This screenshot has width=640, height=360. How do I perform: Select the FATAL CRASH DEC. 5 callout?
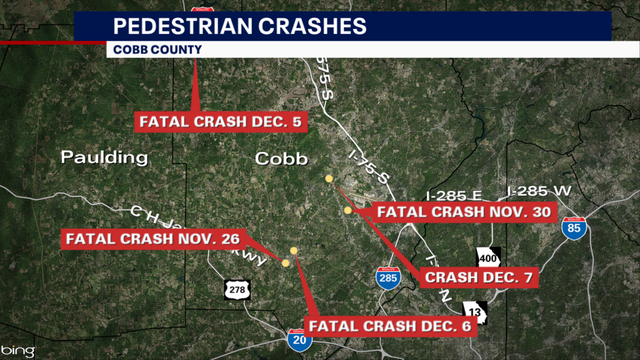pos(219,122)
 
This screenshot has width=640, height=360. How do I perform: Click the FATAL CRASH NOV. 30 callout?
pos(462,212)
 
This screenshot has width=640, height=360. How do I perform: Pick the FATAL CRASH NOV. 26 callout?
pos(151,240)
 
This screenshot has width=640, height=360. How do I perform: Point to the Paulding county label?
pos(104,157)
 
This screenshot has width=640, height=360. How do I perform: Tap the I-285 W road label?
pos(537,191)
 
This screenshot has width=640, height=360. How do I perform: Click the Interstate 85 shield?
pos(574,226)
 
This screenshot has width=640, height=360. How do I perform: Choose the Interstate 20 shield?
pos(298,339)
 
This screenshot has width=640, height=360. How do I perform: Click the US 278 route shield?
pos(236,289)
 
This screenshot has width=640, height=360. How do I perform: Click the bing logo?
pos(19,350)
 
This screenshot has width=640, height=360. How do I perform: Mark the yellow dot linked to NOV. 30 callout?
pos(329,179)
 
